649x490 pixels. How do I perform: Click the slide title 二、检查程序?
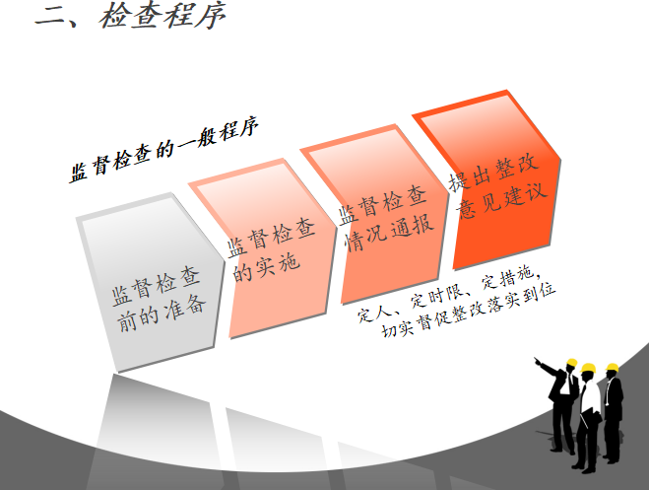(x=130, y=16)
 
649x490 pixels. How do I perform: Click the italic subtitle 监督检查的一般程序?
(x=164, y=150)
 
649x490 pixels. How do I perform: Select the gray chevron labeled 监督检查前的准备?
(x=150, y=283)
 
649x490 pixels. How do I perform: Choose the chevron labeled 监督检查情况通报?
(x=374, y=214)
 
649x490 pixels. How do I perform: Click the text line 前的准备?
(x=162, y=314)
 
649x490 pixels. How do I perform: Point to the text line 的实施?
(x=265, y=267)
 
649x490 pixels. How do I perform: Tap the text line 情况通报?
(x=390, y=232)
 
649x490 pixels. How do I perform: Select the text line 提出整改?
(x=493, y=173)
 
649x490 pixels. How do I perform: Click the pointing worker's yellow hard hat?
(x=571, y=363)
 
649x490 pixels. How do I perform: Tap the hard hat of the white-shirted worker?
(x=588, y=368)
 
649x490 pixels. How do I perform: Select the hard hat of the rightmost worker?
(x=612, y=368)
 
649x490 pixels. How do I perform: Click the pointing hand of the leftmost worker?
(x=538, y=361)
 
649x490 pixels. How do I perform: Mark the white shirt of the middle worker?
(x=589, y=396)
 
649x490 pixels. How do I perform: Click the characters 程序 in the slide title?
(x=195, y=16)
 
